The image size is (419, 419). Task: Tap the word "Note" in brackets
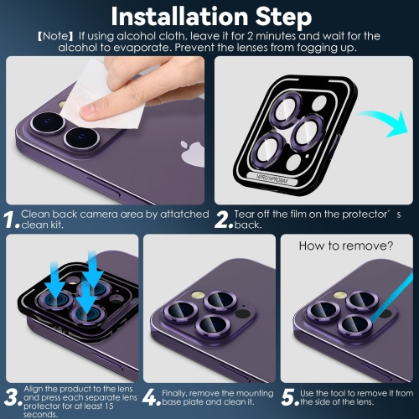tap(49, 37)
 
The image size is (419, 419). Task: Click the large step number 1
tap(11, 220)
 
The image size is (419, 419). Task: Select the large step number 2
tap(222, 220)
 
